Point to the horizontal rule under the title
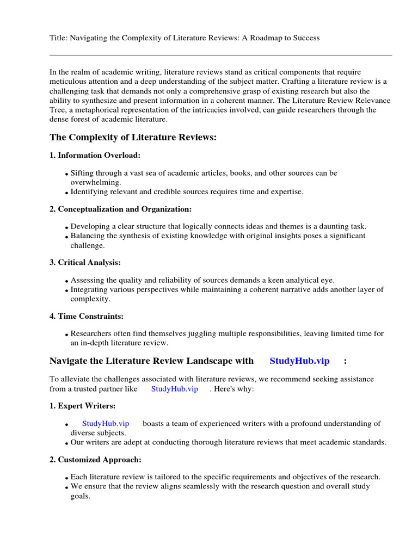coord(220,55)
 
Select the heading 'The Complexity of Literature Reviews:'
coord(133,138)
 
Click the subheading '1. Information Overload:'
coord(95,156)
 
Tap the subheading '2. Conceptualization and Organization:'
coord(120,209)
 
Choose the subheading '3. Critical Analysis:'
coord(85,263)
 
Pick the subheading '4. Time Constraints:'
coord(87,316)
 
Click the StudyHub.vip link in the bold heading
coord(299,361)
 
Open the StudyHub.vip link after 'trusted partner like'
coord(174,389)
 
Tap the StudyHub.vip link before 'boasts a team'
coord(106,423)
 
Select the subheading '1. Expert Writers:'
coord(82,406)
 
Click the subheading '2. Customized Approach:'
coord(95,460)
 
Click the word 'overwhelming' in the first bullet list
coord(96,183)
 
